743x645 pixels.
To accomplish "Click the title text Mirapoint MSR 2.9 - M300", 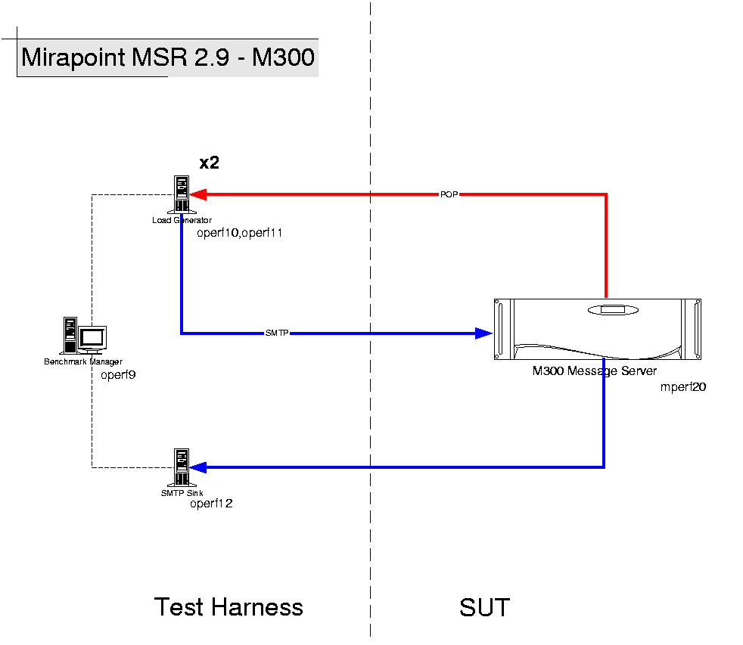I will (x=167, y=57).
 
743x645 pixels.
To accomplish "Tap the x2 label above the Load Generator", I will (x=210, y=163).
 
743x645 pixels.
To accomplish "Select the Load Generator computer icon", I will (x=182, y=195).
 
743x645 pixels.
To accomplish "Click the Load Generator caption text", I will (x=182, y=220).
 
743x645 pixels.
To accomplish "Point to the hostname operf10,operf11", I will (x=239, y=233).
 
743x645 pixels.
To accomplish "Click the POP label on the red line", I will (x=449, y=194).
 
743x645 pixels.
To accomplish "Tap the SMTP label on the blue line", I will (x=277, y=333).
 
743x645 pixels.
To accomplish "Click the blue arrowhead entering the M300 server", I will (x=483, y=333).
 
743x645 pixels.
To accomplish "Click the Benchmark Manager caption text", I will (x=83, y=362).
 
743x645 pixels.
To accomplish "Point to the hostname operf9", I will (x=118, y=374).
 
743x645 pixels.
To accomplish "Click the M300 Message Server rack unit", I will (x=598, y=329).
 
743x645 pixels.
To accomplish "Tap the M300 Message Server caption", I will (x=595, y=371).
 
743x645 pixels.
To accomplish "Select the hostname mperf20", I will (x=683, y=386).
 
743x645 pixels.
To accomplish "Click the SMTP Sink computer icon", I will (x=182, y=468).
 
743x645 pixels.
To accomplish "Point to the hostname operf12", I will (x=211, y=504).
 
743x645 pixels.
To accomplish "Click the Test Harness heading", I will (x=228, y=607).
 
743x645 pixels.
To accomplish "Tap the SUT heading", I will (x=484, y=607).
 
